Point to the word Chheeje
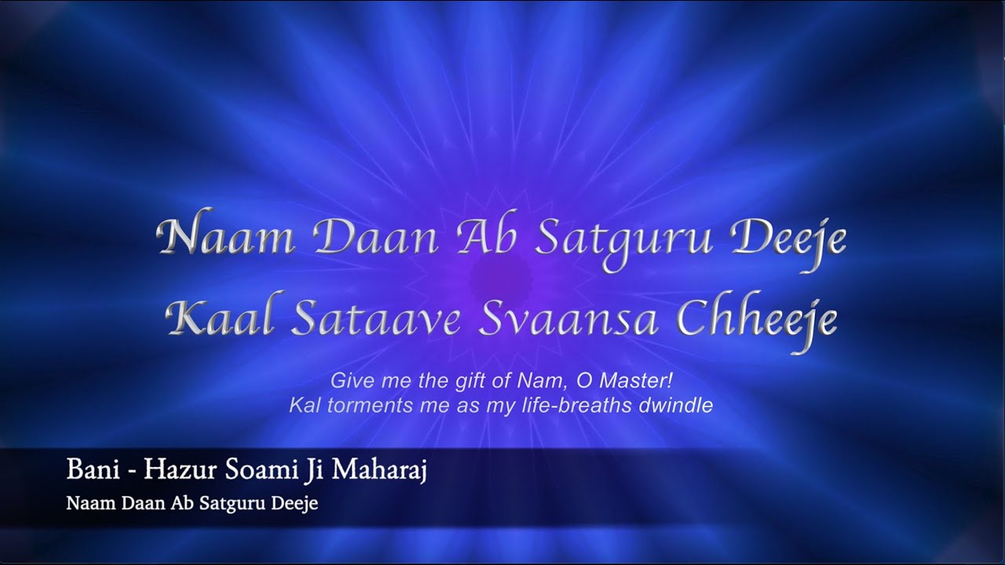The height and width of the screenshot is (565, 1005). tap(746, 317)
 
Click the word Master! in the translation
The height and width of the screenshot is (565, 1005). tap(634, 381)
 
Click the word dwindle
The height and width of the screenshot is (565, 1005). tap(682, 406)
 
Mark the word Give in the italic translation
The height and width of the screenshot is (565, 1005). tap(349, 381)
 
